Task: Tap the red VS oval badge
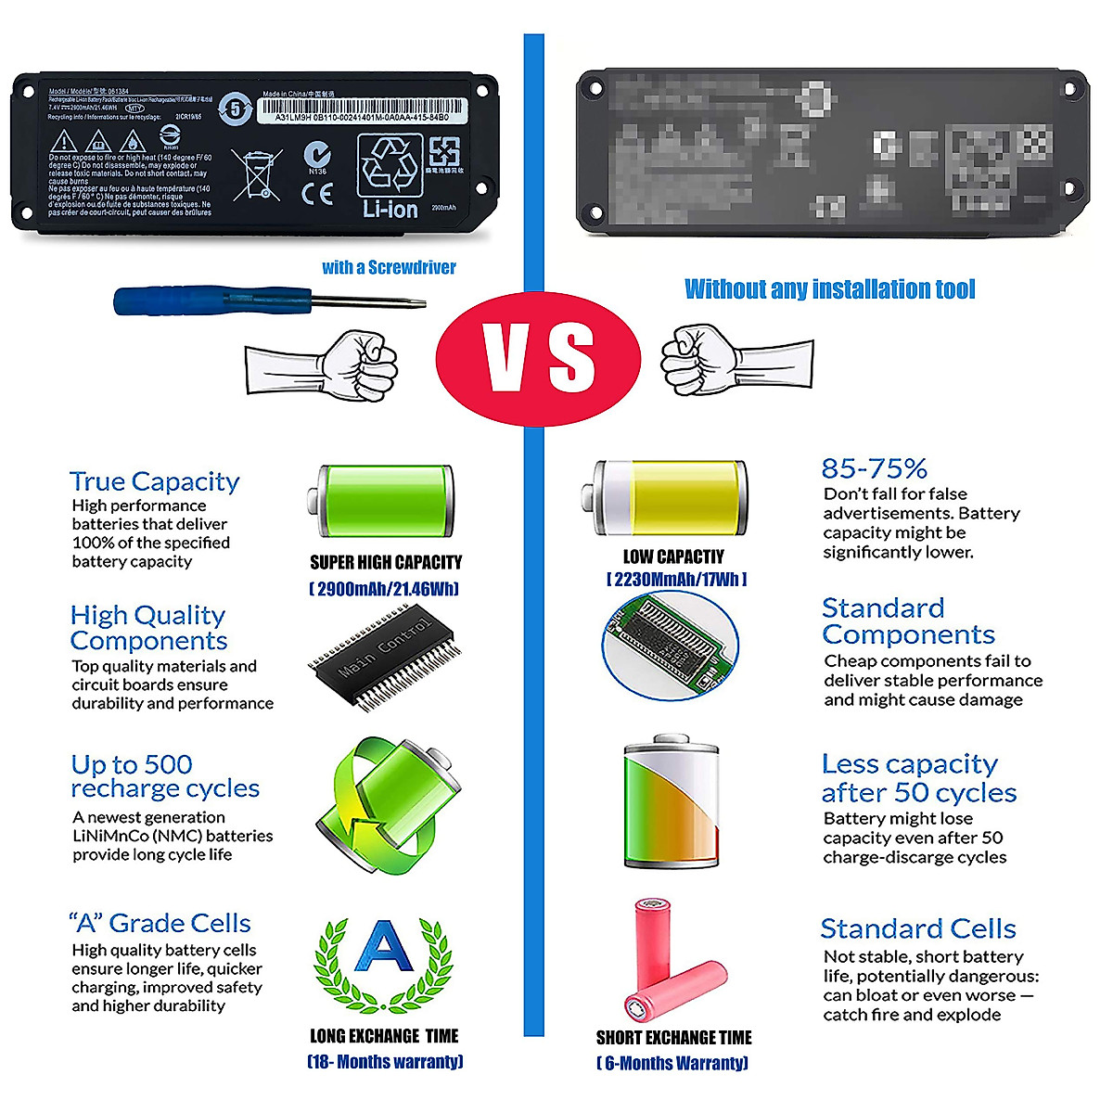[539, 359]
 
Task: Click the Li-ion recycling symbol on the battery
[390, 177]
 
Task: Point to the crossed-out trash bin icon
[256, 174]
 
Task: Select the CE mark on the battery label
[317, 194]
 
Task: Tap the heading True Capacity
[155, 481]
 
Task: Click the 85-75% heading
[874, 468]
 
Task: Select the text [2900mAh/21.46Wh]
[384, 589]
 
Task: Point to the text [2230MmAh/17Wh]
[676, 580]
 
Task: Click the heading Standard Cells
[918, 928]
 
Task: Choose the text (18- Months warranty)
[385, 1062]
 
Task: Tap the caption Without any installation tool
[830, 289]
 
